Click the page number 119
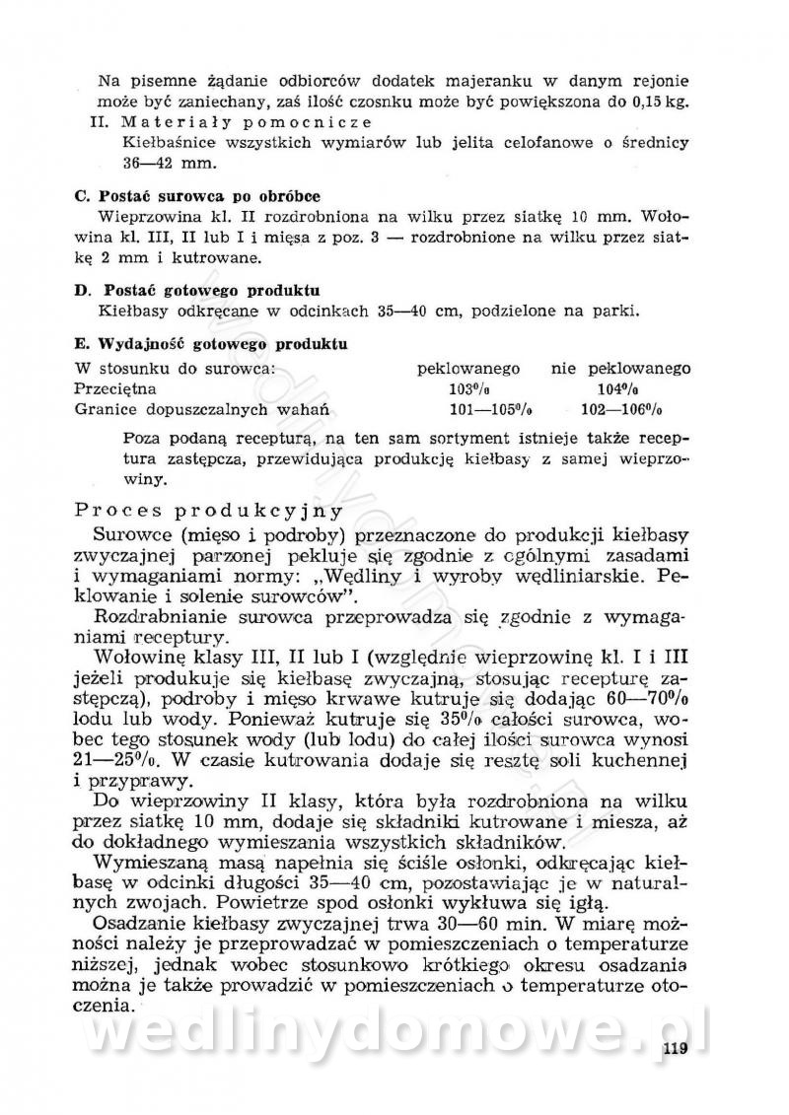click(x=675, y=1048)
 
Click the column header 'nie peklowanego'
click(x=620, y=369)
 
